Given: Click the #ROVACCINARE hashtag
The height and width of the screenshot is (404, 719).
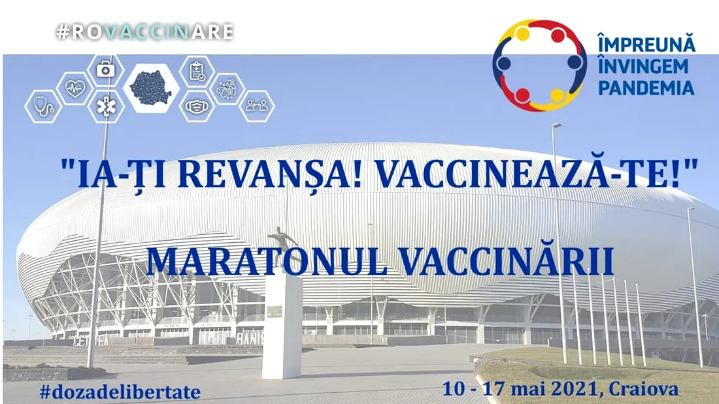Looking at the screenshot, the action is click(145, 31).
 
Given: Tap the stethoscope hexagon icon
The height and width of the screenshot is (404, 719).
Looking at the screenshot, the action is click(44, 106).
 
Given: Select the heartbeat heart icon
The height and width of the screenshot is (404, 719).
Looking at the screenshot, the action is click(75, 88).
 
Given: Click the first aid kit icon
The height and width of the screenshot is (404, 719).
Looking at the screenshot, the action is click(105, 70).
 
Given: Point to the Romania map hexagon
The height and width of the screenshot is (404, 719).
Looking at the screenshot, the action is click(151, 88).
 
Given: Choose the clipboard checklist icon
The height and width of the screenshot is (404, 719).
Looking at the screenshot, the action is click(197, 71).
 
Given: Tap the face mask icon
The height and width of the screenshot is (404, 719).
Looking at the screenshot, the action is click(197, 106).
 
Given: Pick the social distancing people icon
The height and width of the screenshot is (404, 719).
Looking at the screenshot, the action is click(257, 106).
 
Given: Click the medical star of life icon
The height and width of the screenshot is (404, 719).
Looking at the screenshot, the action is click(105, 106).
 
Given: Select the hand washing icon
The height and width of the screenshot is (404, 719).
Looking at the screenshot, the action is click(227, 88).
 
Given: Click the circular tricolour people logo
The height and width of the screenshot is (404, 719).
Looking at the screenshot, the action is click(540, 65).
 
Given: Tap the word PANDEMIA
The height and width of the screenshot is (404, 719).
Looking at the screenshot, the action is click(646, 87).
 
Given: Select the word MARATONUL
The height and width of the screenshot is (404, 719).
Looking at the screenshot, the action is click(266, 262).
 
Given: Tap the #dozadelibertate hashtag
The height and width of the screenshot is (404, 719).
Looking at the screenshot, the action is click(120, 392).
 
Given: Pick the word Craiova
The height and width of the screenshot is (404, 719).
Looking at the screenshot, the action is click(644, 390).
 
